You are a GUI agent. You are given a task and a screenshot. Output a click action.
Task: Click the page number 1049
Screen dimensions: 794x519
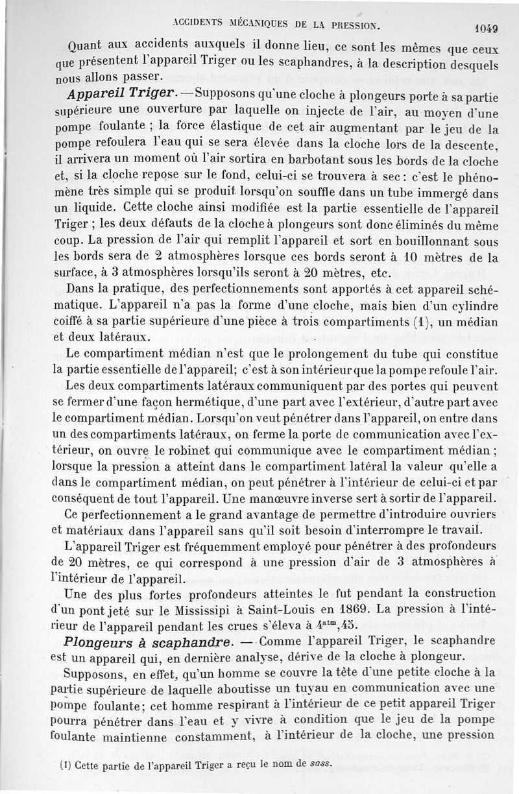485,28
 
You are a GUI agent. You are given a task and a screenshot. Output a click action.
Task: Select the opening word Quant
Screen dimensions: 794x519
89,47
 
